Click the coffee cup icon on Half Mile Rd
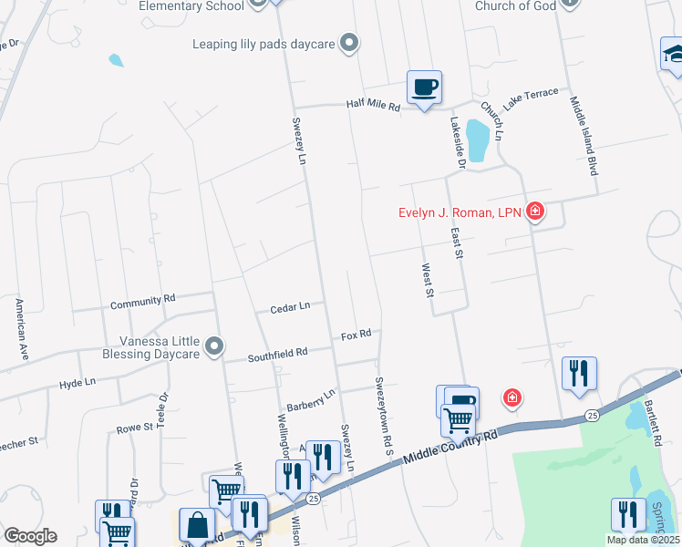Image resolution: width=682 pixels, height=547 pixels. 424,88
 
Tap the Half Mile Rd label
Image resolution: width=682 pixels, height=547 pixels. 373,107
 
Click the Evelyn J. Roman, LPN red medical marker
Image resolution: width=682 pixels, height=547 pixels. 535,213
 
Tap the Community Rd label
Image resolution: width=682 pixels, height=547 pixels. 142,300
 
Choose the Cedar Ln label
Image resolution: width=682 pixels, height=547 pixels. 290,308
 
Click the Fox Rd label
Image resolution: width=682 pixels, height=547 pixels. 356,335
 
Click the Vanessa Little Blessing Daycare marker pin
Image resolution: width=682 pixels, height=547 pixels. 214,346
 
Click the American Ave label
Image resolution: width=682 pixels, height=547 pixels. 19,326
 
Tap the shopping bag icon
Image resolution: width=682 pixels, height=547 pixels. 197,526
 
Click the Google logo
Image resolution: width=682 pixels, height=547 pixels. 30,536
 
